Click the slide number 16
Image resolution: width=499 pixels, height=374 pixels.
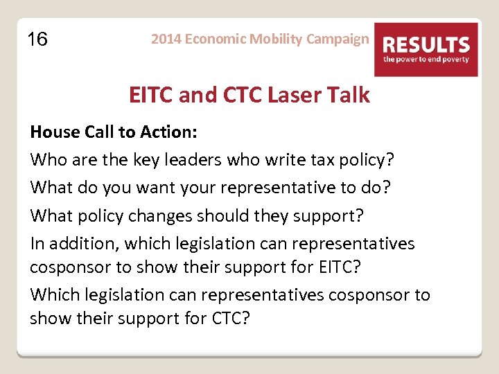click(37, 39)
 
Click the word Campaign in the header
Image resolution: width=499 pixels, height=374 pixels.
click(338, 39)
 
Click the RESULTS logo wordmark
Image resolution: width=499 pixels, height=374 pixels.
click(426, 45)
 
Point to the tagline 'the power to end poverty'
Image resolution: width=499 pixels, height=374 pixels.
click(426, 60)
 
